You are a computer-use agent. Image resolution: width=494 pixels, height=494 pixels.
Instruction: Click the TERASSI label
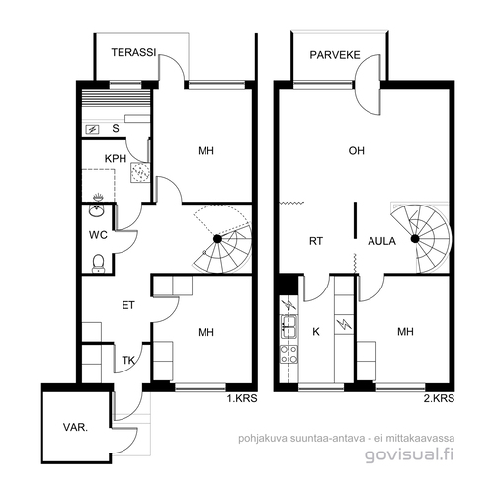point(133,52)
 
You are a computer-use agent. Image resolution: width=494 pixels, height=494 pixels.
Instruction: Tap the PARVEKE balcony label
point(335,55)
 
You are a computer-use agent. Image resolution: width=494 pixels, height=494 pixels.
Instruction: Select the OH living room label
point(357,151)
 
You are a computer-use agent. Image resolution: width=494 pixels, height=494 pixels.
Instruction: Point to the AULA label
point(381,241)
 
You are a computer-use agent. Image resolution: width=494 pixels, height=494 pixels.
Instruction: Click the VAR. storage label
point(75,428)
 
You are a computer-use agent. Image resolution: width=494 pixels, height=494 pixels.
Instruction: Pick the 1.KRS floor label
point(242,398)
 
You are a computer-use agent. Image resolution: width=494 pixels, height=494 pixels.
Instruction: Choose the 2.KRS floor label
point(439,398)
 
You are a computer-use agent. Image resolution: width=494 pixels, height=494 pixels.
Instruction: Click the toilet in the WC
point(98,263)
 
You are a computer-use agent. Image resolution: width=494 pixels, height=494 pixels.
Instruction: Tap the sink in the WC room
point(96,210)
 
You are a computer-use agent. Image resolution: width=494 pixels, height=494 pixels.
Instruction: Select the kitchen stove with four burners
point(288,354)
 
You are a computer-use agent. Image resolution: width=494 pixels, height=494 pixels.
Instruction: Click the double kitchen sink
point(289,327)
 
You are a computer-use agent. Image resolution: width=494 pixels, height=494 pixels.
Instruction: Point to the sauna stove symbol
point(92,129)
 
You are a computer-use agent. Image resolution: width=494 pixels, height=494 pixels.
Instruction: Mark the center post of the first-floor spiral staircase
point(217,239)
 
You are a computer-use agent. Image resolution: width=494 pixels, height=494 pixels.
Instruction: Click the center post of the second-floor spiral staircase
point(415,239)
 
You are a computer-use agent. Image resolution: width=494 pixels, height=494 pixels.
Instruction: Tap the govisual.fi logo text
point(409,455)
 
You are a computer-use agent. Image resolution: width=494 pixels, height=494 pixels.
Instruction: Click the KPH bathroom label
point(116,159)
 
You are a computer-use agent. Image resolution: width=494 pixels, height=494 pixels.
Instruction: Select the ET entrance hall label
point(128,305)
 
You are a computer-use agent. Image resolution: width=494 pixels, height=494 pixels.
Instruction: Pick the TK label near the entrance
point(128,361)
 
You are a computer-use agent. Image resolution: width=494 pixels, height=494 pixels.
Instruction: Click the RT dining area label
point(316,241)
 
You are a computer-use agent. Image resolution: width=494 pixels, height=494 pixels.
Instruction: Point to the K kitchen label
point(316,332)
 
